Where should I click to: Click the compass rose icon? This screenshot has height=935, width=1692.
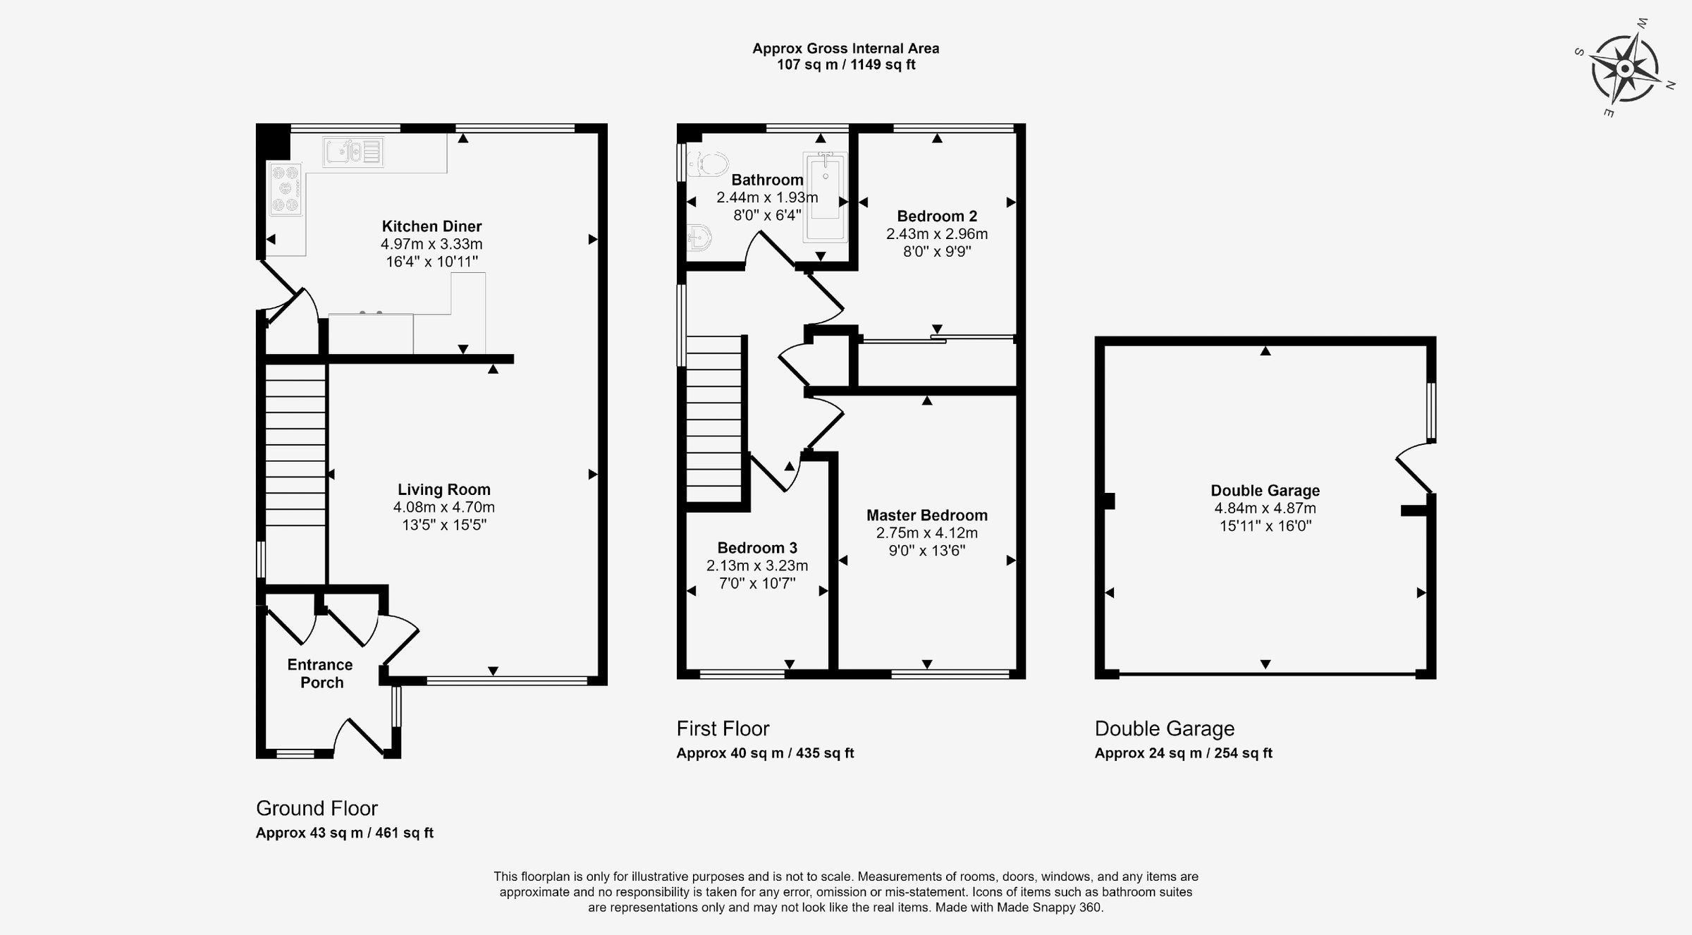click(1624, 68)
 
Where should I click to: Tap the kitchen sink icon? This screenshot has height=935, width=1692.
click(353, 152)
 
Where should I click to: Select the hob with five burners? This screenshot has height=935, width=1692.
click(286, 189)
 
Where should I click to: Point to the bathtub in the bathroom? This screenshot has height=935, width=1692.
click(825, 189)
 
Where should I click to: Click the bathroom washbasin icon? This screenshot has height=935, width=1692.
click(697, 238)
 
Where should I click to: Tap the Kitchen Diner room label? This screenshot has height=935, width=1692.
click(431, 226)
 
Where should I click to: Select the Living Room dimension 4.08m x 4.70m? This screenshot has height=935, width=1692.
click(443, 507)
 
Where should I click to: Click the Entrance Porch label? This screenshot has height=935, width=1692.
click(320, 673)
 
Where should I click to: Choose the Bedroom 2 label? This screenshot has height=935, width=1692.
click(936, 216)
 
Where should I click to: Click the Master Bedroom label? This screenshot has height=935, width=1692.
click(926, 515)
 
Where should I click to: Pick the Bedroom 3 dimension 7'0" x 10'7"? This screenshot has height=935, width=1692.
click(756, 583)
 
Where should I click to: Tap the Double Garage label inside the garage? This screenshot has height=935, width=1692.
click(1265, 491)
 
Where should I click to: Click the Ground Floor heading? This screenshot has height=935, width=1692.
click(317, 808)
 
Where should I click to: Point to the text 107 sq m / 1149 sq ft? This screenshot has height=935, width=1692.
click(845, 65)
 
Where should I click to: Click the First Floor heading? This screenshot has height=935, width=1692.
click(723, 728)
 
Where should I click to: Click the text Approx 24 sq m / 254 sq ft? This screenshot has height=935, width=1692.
click(1183, 753)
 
